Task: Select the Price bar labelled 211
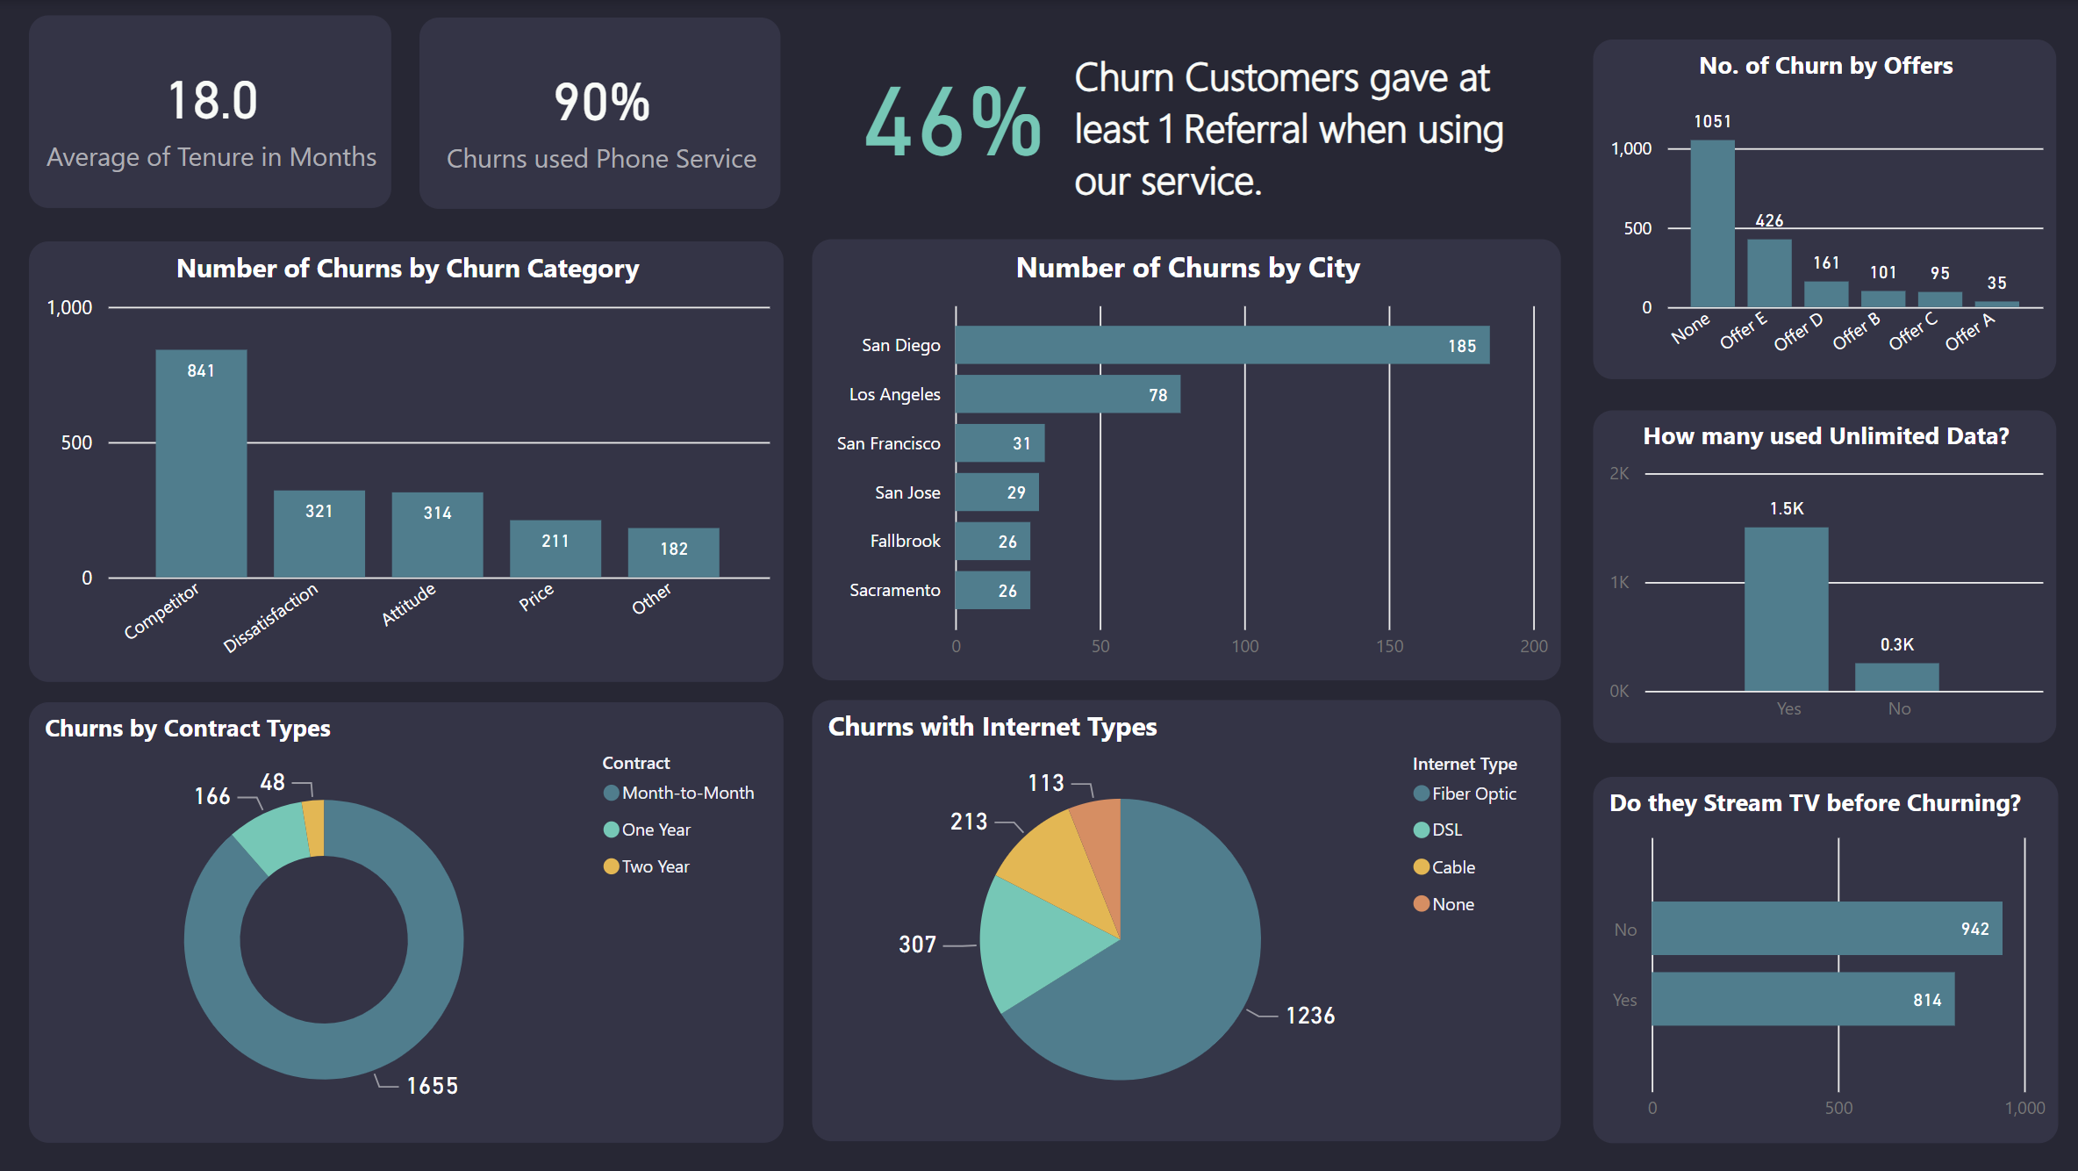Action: [x=555, y=549]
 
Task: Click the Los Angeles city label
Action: [x=894, y=394]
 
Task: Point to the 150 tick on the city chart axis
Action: [x=1389, y=646]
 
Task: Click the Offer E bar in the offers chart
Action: [x=1768, y=273]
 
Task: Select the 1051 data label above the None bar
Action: [x=1712, y=121]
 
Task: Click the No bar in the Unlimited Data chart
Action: [x=1896, y=677]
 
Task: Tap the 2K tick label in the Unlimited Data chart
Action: [x=1619, y=473]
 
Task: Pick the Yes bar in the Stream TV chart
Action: [x=1802, y=999]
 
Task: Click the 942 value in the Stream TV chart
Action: [x=1974, y=929]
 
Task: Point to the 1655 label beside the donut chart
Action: [x=432, y=1086]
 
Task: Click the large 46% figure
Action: [x=952, y=123]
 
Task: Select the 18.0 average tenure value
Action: [x=212, y=100]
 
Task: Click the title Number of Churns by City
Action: [x=1187, y=268]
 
